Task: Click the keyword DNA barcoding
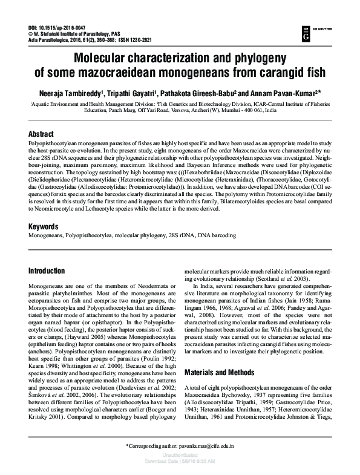coord(215,218)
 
